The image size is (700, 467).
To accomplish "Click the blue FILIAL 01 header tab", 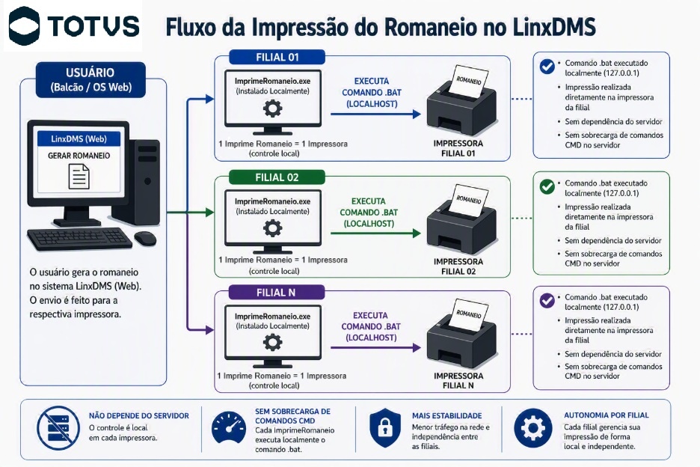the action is (x=277, y=57).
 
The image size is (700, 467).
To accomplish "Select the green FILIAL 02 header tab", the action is (x=277, y=177).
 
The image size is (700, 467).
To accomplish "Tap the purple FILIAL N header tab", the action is (x=277, y=293).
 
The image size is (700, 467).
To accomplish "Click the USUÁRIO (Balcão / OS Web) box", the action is (x=90, y=79).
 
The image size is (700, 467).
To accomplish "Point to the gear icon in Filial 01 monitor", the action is (x=273, y=109).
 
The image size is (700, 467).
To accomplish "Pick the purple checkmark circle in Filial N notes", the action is (x=547, y=300).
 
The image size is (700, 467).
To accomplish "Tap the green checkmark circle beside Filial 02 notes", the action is (x=547, y=186).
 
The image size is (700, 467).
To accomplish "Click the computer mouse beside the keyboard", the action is (x=145, y=238).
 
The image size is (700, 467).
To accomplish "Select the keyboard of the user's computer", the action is (x=80, y=239).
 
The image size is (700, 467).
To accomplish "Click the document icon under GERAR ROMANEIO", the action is (x=79, y=177).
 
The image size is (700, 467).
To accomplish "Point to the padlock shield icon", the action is (x=385, y=427).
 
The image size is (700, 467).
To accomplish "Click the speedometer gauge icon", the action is (x=229, y=428).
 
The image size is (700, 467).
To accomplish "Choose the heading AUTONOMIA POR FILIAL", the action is (x=607, y=415).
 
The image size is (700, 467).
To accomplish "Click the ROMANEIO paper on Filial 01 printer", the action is (x=470, y=82).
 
